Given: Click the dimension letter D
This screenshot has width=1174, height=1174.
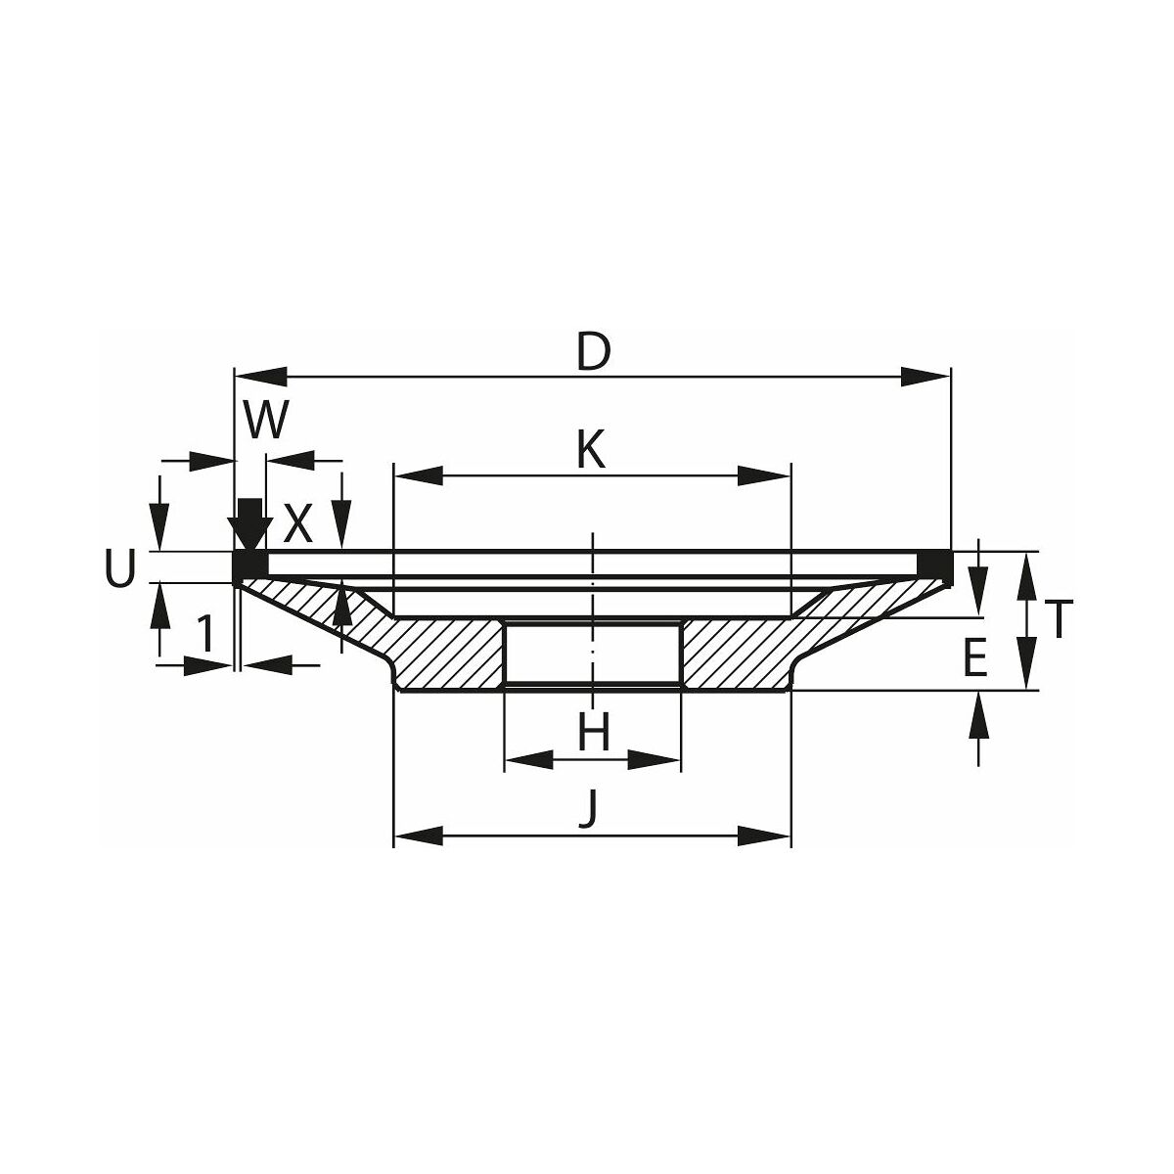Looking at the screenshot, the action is click(593, 353).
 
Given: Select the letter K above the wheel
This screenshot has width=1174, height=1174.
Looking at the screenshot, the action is click(592, 450).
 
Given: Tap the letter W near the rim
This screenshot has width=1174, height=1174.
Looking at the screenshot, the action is click(265, 420).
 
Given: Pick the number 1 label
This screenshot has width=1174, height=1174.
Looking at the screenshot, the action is click(206, 633).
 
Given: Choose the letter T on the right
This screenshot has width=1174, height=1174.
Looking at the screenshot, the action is click(1059, 619).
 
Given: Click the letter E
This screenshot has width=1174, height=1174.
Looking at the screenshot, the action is click(975, 658).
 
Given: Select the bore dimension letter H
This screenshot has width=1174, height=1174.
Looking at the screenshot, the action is click(594, 733).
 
